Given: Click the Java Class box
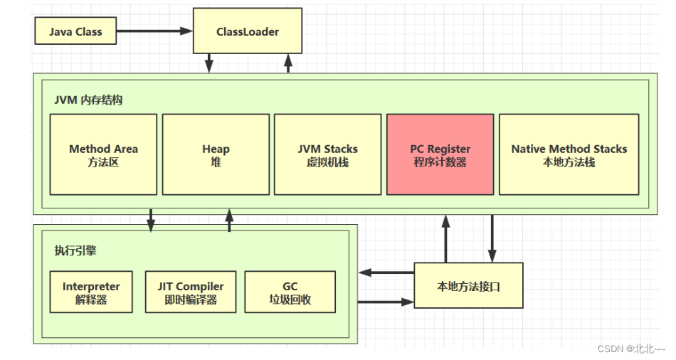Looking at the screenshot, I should click(75, 31).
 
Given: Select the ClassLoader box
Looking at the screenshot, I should click(248, 31).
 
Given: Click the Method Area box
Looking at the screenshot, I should click(103, 154).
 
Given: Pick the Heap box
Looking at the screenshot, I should click(216, 154).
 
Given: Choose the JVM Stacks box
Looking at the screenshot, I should click(327, 154).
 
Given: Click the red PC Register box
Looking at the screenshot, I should click(440, 154).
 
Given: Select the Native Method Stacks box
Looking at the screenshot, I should click(569, 154).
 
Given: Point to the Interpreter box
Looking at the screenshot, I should click(91, 292).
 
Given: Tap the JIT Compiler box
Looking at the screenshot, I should click(191, 292).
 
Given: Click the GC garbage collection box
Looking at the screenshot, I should click(290, 292).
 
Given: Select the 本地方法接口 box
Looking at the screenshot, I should click(468, 286).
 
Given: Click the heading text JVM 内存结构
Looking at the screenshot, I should click(88, 100).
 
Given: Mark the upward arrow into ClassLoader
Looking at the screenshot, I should click(288, 63).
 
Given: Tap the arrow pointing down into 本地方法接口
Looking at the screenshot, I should click(491, 238).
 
